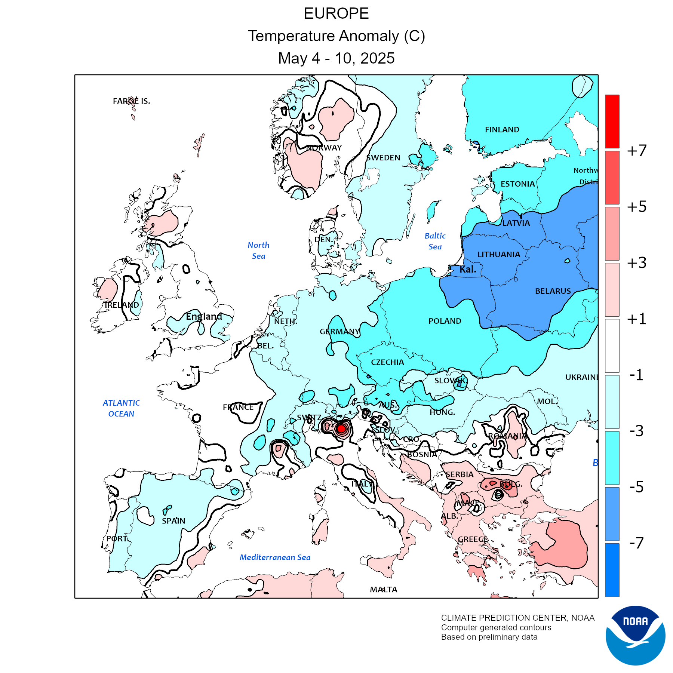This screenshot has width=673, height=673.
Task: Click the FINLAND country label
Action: point(502,130)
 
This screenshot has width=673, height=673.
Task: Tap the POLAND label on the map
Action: point(445,321)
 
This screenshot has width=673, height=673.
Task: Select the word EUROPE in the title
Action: point(336,14)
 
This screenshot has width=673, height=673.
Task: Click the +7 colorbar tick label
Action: point(637,151)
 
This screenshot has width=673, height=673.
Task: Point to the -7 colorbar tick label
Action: point(637,543)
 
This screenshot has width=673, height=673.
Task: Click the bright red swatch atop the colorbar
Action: point(612,122)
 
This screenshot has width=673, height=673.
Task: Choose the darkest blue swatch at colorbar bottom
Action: point(612,570)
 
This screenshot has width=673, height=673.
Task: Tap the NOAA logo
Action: point(635,635)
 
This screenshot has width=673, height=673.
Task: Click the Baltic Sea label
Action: point(435,241)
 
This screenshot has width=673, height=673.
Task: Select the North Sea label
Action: point(258,251)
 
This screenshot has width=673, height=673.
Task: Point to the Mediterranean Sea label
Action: point(275,557)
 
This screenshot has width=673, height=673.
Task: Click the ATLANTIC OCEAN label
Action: point(121,408)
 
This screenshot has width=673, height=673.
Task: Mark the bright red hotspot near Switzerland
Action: point(341,429)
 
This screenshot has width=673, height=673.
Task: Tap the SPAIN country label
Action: point(173,521)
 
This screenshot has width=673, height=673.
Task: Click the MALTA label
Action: point(383,590)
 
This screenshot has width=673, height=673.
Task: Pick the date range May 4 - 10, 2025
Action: point(336,58)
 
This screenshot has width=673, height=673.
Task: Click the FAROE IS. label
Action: point(131,101)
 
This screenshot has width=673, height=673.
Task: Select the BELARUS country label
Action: point(553,291)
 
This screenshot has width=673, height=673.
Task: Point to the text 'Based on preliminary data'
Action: point(489,637)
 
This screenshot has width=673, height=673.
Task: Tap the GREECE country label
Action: point(473,540)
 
